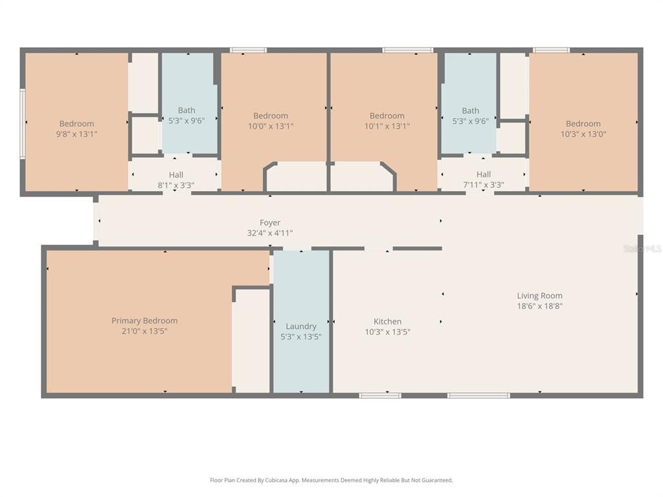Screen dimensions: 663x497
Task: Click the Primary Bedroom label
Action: [x=144, y=321]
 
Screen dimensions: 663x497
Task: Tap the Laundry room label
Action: [x=301, y=326]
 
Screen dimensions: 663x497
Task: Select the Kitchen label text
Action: [x=387, y=322]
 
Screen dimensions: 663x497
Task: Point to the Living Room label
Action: [x=539, y=296]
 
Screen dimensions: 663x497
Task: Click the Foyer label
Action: [x=270, y=223]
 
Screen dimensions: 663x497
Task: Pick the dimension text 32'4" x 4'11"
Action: [x=270, y=233]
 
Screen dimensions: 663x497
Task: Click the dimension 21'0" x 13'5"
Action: [x=144, y=331]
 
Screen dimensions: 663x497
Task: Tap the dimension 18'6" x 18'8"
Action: [x=539, y=306]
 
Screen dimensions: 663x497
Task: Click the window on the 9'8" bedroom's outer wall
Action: [x=23, y=124]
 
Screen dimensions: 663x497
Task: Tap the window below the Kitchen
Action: [x=380, y=395]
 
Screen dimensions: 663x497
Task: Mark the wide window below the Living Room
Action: [x=478, y=395]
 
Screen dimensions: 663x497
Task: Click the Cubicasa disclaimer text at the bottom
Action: [x=331, y=480]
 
